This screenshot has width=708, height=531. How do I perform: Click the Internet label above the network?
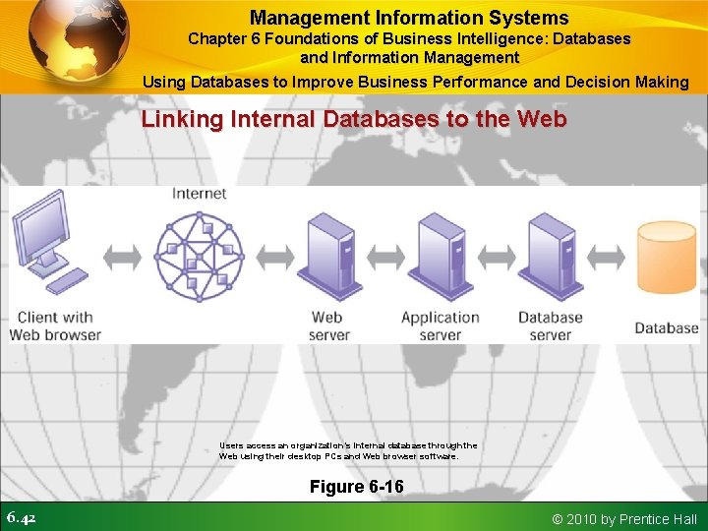click(x=199, y=194)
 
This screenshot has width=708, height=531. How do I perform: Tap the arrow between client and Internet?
click(x=121, y=258)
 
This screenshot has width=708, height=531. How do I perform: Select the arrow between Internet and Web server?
click(x=275, y=258)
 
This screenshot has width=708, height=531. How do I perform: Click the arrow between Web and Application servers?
click(x=385, y=258)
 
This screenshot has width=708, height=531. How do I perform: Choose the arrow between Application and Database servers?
click(x=496, y=258)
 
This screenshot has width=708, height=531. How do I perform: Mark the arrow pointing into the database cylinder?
click(x=607, y=258)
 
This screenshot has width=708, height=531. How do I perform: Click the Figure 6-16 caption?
click(x=356, y=487)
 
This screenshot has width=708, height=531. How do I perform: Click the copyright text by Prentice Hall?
click(x=625, y=518)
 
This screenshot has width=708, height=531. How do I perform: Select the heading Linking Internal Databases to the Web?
click(x=354, y=120)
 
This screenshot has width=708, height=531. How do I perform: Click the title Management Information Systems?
click(x=409, y=18)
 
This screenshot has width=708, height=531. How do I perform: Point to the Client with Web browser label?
click(x=55, y=325)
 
